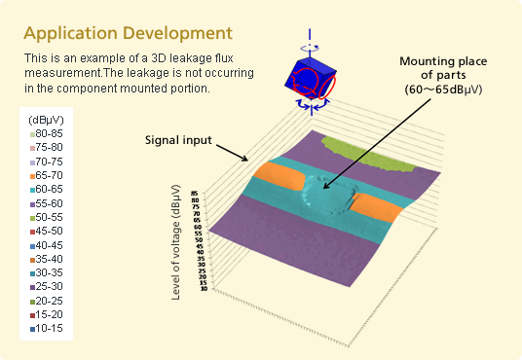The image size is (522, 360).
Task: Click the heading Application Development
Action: (x=129, y=34)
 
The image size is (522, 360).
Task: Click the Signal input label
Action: (x=177, y=138)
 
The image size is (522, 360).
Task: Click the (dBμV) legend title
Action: (x=47, y=120)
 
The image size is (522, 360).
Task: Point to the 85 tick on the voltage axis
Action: (x=196, y=195)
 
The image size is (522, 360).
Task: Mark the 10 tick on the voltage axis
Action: (x=202, y=289)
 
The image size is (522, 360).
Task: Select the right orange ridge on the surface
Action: (x=375, y=206)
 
